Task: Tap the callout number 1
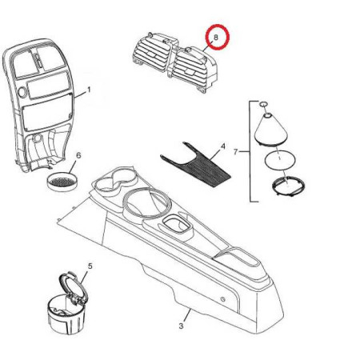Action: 89,90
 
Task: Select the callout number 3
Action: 181,326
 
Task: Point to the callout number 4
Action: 222,146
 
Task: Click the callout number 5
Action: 90,266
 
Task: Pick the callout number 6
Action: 78,155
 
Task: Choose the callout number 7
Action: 235,152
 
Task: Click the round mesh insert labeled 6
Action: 62,182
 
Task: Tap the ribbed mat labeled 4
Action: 198,166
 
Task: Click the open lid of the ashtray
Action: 73,289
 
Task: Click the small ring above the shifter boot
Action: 263,104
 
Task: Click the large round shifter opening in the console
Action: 146,203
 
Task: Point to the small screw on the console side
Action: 222,299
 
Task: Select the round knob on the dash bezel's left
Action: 22,92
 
